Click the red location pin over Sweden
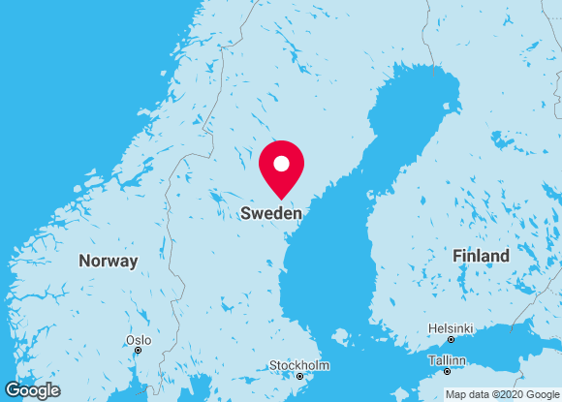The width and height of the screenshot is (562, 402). pos(282,167)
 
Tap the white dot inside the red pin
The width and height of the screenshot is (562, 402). pos(282,163)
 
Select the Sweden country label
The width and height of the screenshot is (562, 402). pos(271,213)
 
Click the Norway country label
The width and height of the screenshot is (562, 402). pos(109,261)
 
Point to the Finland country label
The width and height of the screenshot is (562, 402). pos(481,256)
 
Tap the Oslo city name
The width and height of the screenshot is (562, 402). pos(138,340)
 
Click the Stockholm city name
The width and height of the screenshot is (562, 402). pos(299,365)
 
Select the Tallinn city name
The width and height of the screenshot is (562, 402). pos(447,360)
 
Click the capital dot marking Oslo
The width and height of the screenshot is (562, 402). pos(138,351)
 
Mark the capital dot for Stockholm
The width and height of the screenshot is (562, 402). pos(299,376)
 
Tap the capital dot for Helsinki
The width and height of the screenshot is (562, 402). pos(451,339)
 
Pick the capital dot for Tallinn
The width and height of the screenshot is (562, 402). pos(447,371)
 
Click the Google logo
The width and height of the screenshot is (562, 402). pos(32,390)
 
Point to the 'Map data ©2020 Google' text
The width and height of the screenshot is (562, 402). pos(501,394)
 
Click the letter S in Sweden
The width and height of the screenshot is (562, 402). pos(246,213)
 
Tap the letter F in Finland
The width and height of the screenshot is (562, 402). pos(457,256)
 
